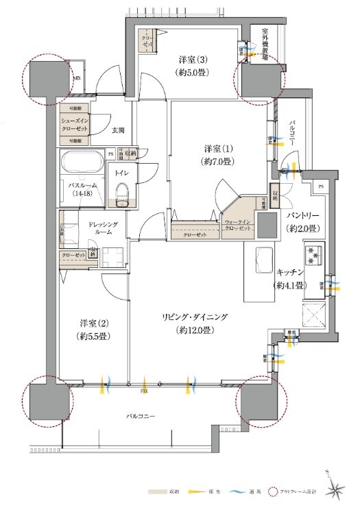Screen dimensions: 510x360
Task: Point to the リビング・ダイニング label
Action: pyautogui.click(x=194, y=322)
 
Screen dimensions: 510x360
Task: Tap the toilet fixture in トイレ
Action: pyautogui.click(x=122, y=193)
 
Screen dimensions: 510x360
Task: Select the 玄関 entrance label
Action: pyautogui.click(x=118, y=129)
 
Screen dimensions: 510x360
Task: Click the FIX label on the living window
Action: pyautogui.click(x=145, y=391)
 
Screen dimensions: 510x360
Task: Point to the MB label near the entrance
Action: pyautogui.click(x=76, y=78)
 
